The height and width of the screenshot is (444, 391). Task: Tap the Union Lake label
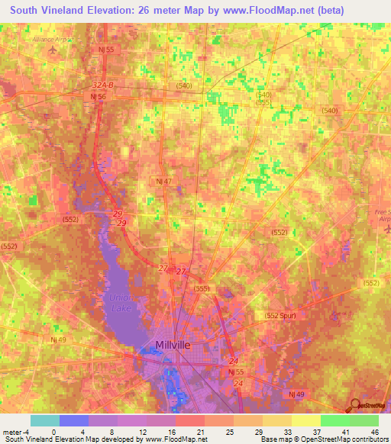[x=121, y=302]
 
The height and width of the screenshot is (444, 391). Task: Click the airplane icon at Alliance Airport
[x=53, y=50]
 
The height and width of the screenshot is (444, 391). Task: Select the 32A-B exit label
[x=102, y=86]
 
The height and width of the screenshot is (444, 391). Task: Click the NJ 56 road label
[x=98, y=97]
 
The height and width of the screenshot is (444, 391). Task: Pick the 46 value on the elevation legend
[x=374, y=431]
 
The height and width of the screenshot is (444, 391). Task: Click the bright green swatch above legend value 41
[x=334, y=420]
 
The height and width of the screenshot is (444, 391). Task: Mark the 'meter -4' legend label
[x=16, y=431]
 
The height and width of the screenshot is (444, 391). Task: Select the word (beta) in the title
[x=328, y=10]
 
